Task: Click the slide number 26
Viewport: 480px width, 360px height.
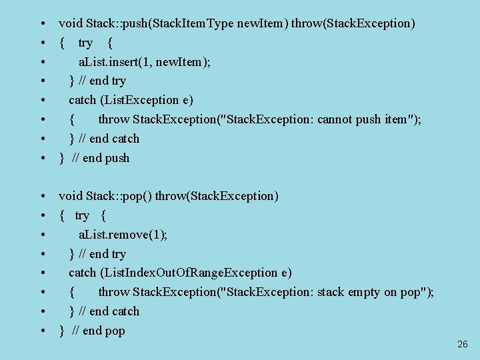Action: pos(463,345)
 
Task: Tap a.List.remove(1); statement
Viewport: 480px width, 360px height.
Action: pos(123,235)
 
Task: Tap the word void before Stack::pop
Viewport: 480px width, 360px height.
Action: pos(71,196)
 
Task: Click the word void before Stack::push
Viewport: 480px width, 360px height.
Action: pos(71,23)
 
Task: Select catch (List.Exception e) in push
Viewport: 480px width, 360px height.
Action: pos(131,100)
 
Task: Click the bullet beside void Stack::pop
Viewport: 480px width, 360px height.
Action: pos(43,197)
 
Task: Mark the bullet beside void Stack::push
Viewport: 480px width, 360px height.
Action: pos(43,24)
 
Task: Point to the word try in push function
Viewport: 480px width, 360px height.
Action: pos(85,43)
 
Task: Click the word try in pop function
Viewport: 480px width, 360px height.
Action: pos(82,216)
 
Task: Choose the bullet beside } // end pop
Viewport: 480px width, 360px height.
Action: pos(43,331)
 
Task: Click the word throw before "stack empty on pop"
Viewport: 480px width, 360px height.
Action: pos(114,292)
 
